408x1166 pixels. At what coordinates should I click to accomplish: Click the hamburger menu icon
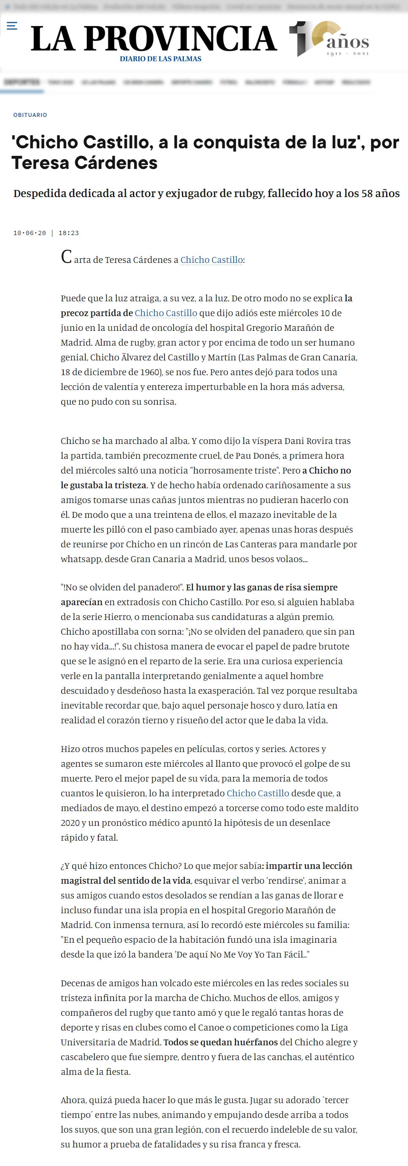coord(12,26)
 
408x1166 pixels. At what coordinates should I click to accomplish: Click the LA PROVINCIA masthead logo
coord(154,38)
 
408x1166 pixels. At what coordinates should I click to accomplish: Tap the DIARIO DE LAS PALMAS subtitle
coord(161,59)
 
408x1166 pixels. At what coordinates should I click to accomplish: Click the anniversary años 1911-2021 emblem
coord(329,39)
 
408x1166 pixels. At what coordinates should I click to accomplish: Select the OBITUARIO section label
coord(30,115)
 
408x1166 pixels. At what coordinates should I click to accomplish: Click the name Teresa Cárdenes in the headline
coord(84,163)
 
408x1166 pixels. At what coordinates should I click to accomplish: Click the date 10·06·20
coord(30,233)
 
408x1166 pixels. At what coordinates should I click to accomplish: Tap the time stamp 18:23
coord(68,233)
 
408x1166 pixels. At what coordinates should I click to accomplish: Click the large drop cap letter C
coord(66,257)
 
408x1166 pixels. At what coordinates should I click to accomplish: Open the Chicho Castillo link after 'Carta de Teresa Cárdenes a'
coord(212,260)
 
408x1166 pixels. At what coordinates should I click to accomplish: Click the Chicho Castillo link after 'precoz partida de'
coord(165,313)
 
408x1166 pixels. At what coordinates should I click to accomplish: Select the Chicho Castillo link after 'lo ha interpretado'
coord(258,793)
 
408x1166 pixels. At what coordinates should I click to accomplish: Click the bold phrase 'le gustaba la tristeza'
coord(104,485)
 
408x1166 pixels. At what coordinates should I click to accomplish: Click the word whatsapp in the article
coord(81,559)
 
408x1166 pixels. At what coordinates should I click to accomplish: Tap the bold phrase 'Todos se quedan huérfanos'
coord(220,1042)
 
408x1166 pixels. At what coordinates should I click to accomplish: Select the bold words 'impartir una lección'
coord(308,866)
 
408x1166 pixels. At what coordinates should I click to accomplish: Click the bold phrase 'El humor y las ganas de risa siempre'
coord(262,587)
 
